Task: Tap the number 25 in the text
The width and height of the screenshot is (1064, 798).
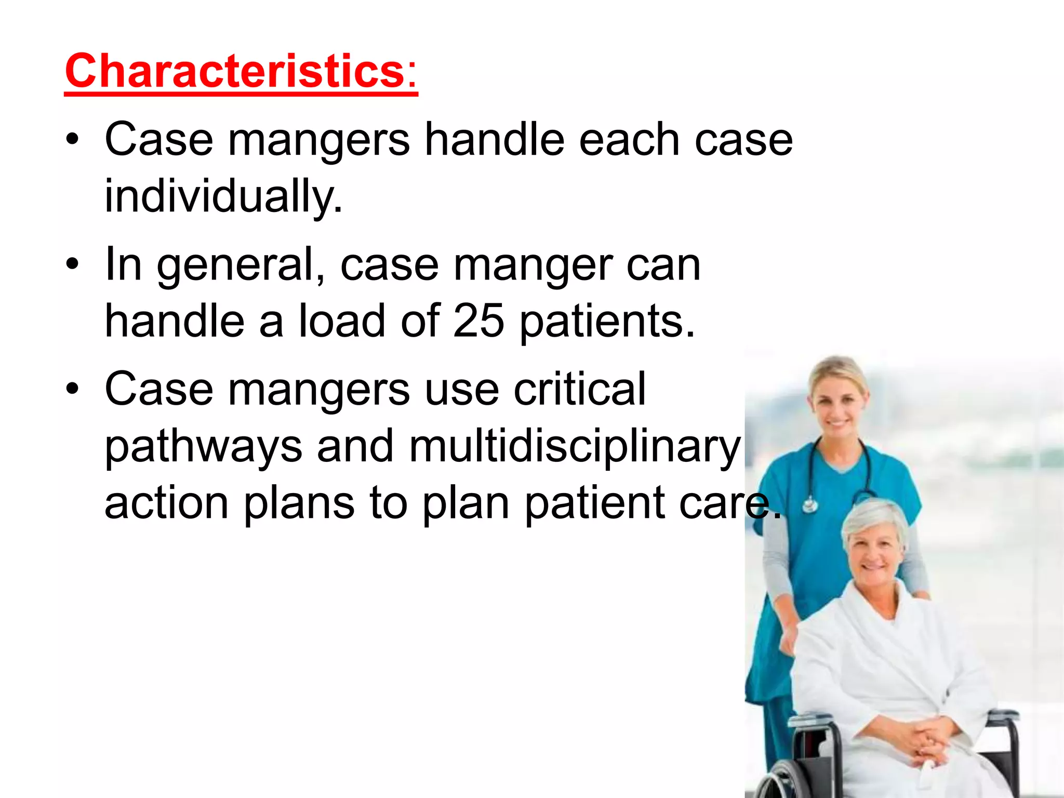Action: click(x=478, y=321)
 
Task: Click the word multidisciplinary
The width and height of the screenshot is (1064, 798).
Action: click(x=575, y=446)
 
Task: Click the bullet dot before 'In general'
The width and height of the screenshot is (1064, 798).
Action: click(x=72, y=264)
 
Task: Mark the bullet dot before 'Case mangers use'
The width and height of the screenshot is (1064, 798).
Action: click(x=72, y=389)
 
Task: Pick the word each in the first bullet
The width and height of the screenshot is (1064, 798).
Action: click(x=629, y=140)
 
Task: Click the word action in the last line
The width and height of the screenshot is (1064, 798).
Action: click(x=166, y=503)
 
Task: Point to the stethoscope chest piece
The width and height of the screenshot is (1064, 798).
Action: click(x=809, y=504)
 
